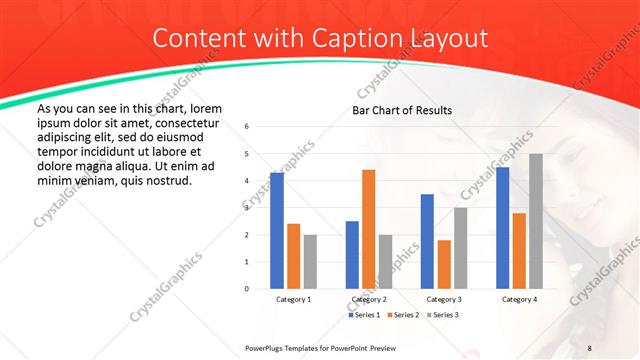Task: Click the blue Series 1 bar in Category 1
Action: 277,231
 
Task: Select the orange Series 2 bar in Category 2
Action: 369,229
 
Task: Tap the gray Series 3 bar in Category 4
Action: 536,221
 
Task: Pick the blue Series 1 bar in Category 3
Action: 427,241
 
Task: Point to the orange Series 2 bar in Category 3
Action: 444,264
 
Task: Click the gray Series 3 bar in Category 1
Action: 310,262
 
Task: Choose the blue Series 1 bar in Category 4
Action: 502,228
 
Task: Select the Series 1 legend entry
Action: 363,315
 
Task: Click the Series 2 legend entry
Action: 402,315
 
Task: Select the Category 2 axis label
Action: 369,299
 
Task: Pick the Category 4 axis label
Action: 519,299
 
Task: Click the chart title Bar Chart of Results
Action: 402,110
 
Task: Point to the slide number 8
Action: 590,346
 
